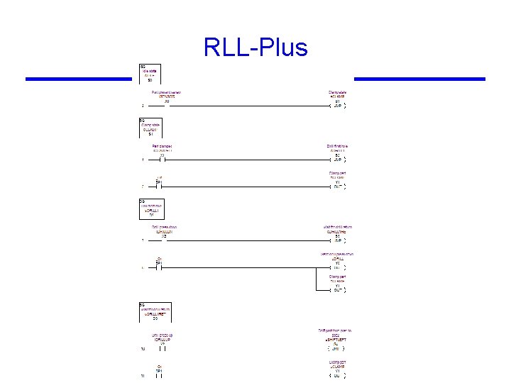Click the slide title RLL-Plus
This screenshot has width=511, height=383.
pos(255,48)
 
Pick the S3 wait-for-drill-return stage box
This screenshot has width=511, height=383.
pos(155,312)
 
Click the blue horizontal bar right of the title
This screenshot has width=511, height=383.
pos(419,79)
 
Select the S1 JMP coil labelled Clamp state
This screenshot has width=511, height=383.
pos(337,105)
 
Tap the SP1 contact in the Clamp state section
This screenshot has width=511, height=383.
pos(160,187)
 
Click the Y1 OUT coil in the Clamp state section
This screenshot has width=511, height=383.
pos(337,187)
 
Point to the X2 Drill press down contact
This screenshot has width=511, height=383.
pos(163,240)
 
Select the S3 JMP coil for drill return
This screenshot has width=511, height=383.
pos(337,240)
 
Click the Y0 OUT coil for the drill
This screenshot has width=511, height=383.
pos(337,267)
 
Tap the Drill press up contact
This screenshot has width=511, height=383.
pos(162,348)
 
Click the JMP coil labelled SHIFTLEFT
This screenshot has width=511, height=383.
pos(337,348)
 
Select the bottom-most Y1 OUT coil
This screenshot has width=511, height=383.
pos(337,375)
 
